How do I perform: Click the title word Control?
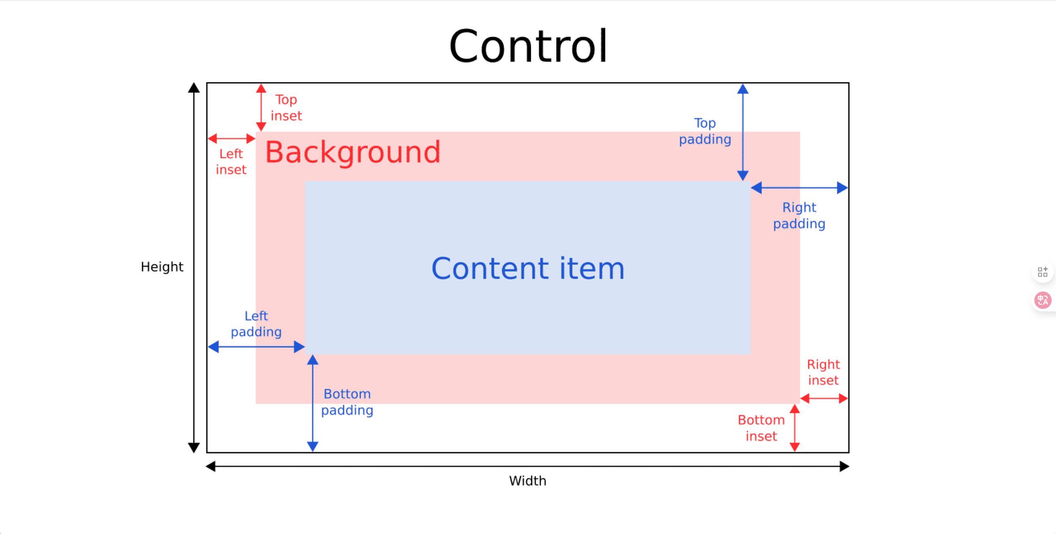[x=528, y=46]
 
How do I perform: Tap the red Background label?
[x=353, y=152]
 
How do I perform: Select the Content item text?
[x=528, y=268]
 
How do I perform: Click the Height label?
[x=162, y=267]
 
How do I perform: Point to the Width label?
[x=528, y=481]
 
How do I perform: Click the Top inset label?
[x=286, y=108]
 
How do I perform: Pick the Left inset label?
[x=231, y=162]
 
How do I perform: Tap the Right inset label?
[x=823, y=372]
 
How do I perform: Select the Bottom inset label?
[x=761, y=428]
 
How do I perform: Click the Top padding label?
[x=705, y=131]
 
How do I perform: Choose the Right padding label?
[x=799, y=216]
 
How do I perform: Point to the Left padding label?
[x=256, y=324]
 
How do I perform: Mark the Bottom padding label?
[x=347, y=402]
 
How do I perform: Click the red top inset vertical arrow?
[x=261, y=108]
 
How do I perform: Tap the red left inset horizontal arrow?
[x=231, y=139]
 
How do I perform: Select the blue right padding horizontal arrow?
[x=799, y=188]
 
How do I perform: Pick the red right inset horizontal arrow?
[x=824, y=399]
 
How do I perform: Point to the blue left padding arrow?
[x=256, y=347]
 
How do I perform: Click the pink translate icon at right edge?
[x=1043, y=300]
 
